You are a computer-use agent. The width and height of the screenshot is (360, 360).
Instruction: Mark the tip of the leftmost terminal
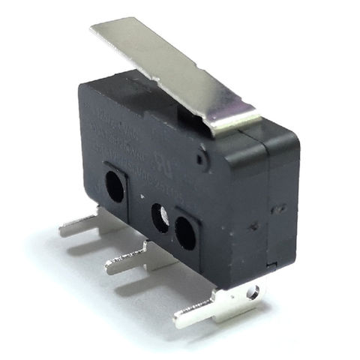pos(62,229)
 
